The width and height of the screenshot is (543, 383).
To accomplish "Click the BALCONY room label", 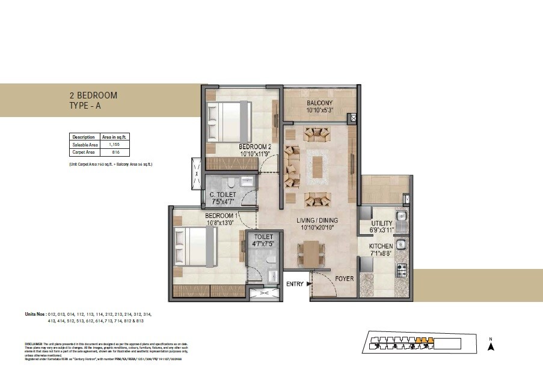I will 319,103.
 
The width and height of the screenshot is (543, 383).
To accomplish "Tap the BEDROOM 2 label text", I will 254,146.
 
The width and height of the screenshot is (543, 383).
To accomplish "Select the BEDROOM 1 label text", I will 221,216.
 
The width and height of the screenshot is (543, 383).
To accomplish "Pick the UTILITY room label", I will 381,223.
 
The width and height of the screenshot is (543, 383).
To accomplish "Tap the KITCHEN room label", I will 381,246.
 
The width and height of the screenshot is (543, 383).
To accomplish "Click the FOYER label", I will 345,279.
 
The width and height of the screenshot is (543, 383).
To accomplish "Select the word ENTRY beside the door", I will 295,284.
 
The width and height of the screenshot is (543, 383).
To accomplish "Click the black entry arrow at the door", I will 309,284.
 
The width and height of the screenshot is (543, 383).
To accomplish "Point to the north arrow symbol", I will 491,345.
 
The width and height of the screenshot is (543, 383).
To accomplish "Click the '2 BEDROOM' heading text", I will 93,95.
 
